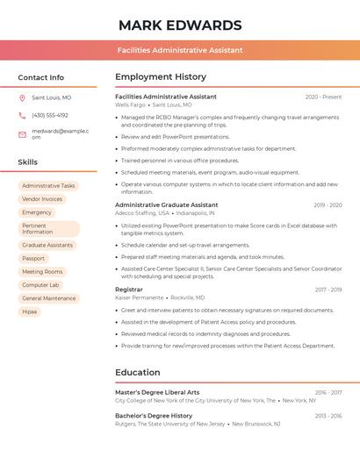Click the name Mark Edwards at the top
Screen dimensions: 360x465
coord(179,25)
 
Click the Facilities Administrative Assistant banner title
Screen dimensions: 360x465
coord(180,51)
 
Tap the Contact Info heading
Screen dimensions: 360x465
coord(40,78)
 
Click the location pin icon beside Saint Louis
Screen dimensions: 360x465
coord(22,97)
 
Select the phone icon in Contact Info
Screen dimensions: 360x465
coord(22,115)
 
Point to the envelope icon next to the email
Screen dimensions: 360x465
coord(22,133)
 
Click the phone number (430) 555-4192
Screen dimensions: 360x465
coord(50,115)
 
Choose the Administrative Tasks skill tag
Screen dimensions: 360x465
coord(48,186)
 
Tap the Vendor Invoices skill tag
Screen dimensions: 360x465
coord(42,199)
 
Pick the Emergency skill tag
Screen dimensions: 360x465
coord(37,212)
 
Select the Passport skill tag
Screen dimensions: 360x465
coord(33,259)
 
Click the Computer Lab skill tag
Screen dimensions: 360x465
coord(40,285)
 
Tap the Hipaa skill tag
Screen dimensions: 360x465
coord(30,311)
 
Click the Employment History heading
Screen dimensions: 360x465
coord(161,77)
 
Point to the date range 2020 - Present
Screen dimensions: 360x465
coord(323,97)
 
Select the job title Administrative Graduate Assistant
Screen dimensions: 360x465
coord(167,204)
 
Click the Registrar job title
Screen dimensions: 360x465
coord(128,290)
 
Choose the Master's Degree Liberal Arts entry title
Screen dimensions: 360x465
coord(157,392)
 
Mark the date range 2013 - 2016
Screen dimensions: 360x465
coord(328,416)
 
